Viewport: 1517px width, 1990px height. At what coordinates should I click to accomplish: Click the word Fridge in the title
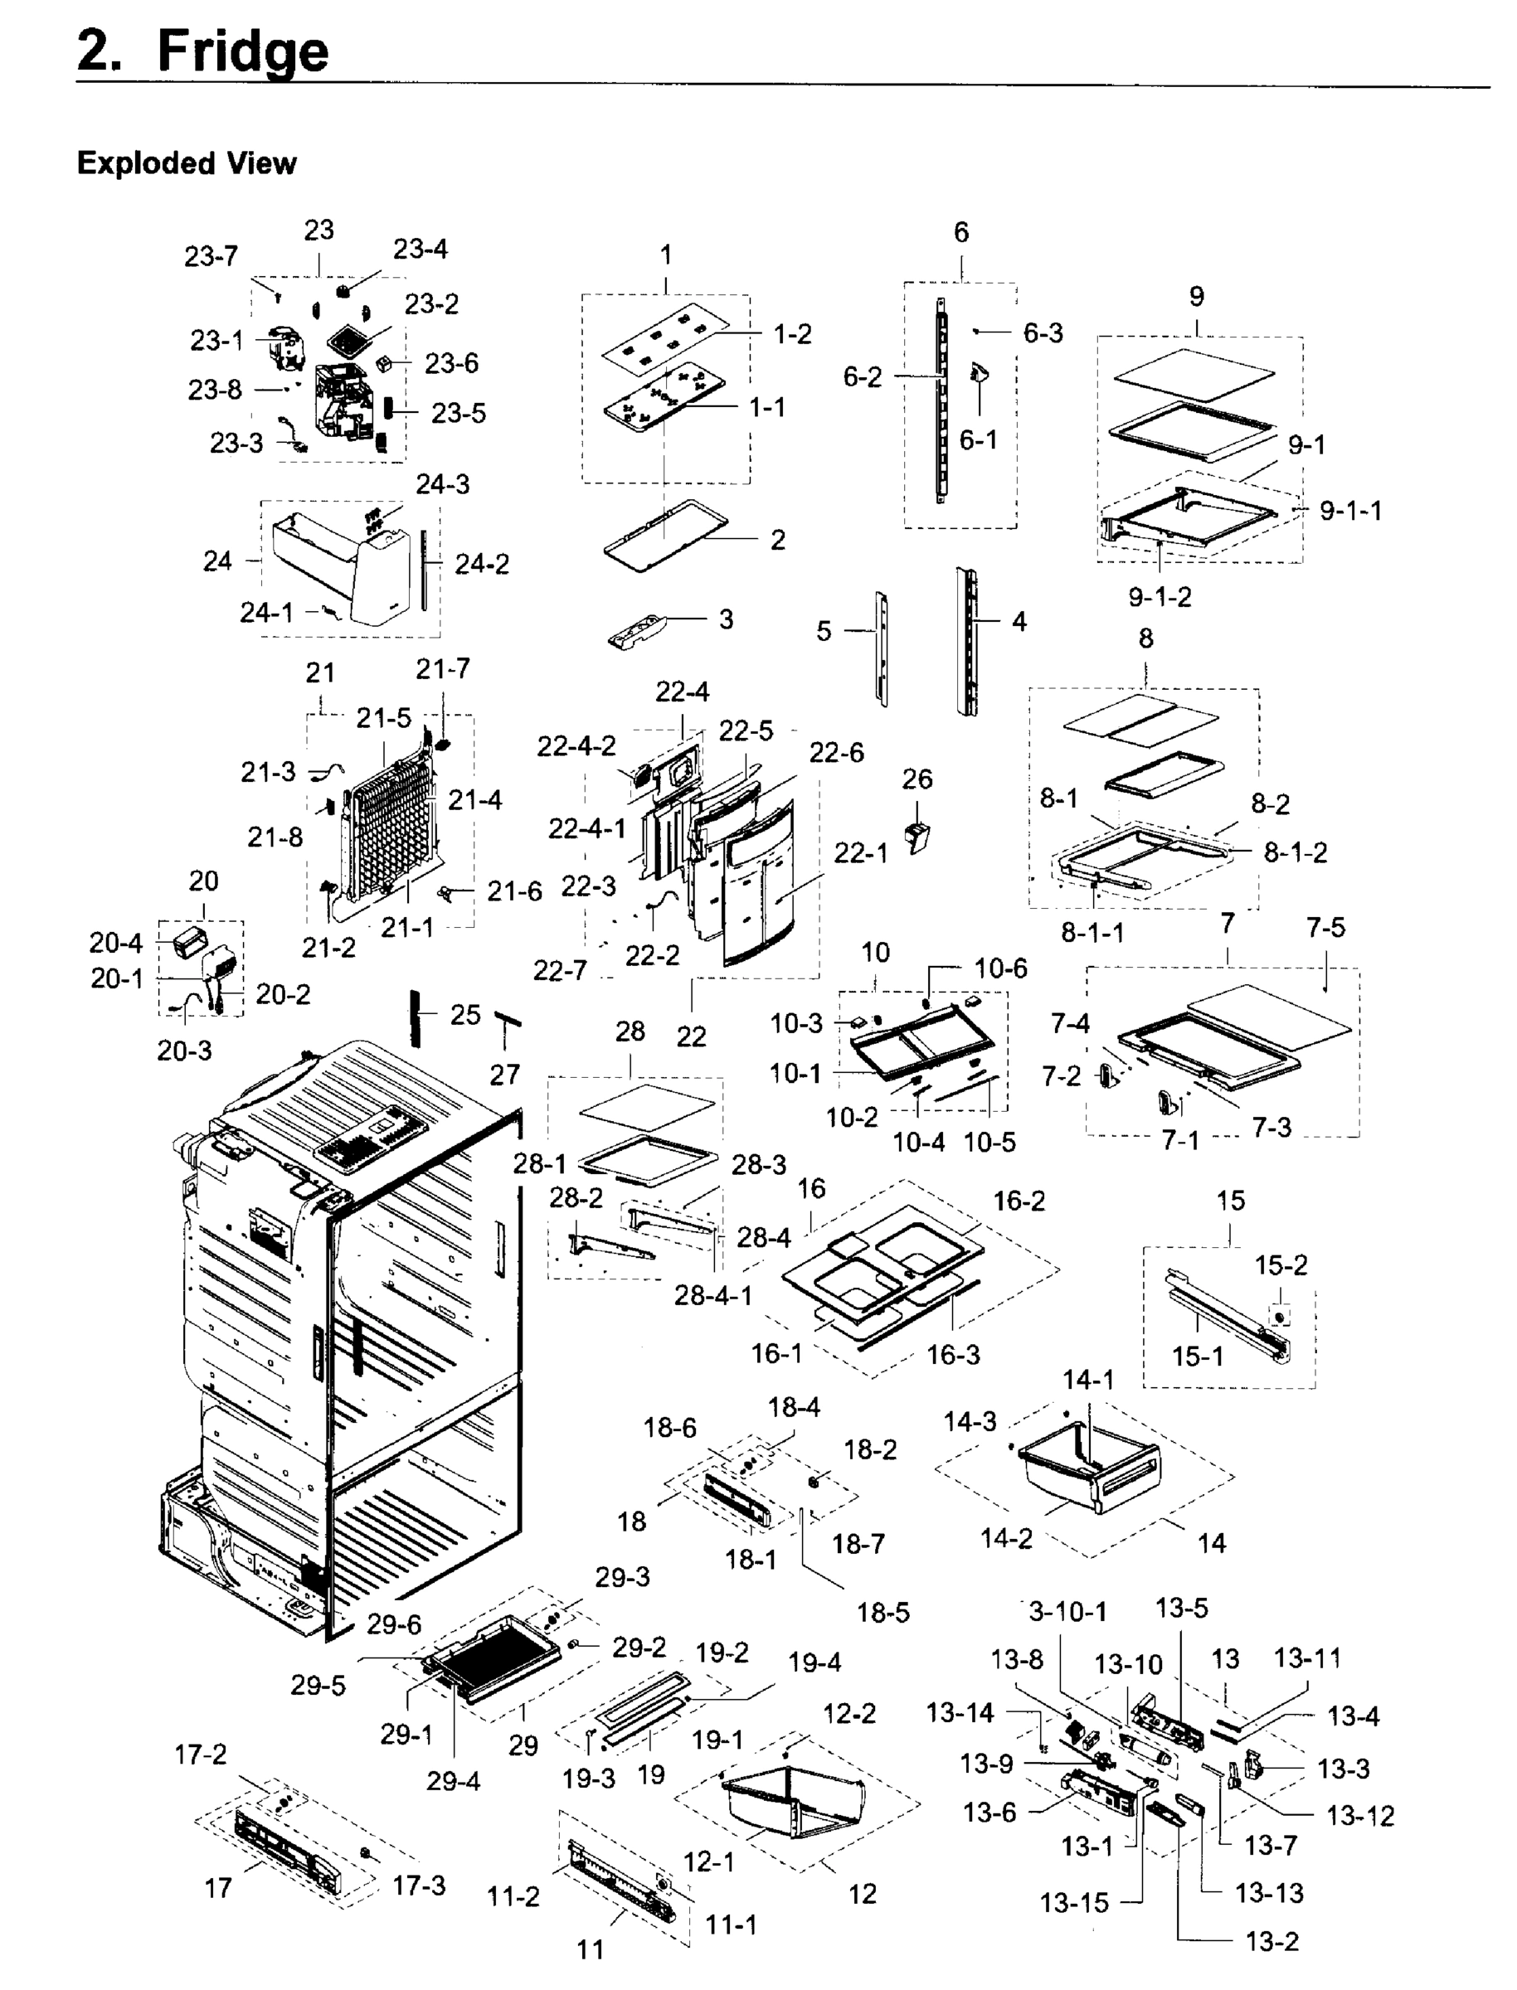pyautogui.click(x=242, y=51)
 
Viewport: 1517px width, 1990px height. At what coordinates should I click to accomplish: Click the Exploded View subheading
pyautogui.click(x=186, y=163)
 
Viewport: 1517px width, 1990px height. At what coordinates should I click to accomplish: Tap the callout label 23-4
pyautogui.click(x=420, y=249)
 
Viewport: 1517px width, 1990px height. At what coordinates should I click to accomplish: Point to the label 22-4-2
pyautogui.click(x=576, y=746)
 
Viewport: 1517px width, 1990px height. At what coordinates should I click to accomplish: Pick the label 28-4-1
pyautogui.click(x=712, y=1295)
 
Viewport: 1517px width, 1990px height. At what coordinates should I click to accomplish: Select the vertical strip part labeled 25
pyautogui.click(x=416, y=1017)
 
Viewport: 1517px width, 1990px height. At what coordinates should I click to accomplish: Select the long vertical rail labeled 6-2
pyautogui.click(x=940, y=401)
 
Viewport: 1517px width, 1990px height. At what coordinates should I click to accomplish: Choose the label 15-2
pyautogui.click(x=1281, y=1265)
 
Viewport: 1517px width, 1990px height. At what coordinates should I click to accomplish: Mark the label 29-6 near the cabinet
pyautogui.click(x=394, y=1624)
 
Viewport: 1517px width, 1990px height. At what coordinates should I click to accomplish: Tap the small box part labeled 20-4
pyautogui.click(x=190, y=942)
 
